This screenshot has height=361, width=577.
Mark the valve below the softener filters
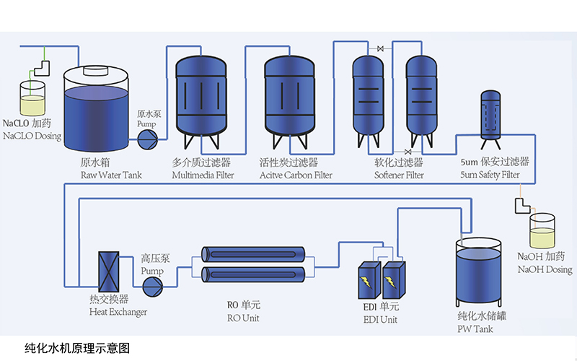point(409,152)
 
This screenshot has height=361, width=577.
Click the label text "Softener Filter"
point(398,175)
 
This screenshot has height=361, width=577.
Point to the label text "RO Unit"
point(243,318)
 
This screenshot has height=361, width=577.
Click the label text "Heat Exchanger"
point(118,312)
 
